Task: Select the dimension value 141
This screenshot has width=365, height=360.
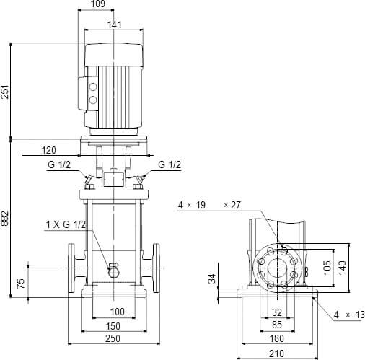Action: [114, 25]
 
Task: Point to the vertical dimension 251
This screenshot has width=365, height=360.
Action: [5, 92]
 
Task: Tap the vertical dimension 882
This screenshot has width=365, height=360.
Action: [5, 218]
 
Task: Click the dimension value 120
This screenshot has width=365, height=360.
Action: [49, 151]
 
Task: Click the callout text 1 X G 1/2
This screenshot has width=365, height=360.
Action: [66, 226]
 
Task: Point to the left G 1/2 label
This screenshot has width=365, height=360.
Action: [59, 165]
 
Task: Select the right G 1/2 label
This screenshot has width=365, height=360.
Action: [170, 165]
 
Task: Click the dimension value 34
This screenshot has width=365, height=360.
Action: [212, 278]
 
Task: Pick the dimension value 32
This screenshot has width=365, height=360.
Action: [277, 312]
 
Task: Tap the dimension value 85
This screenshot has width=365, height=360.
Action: [277, 325]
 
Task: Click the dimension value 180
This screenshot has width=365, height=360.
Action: [277, 339]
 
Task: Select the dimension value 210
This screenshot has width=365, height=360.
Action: [277, 354]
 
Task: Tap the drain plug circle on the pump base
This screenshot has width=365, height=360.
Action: [114, 271]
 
